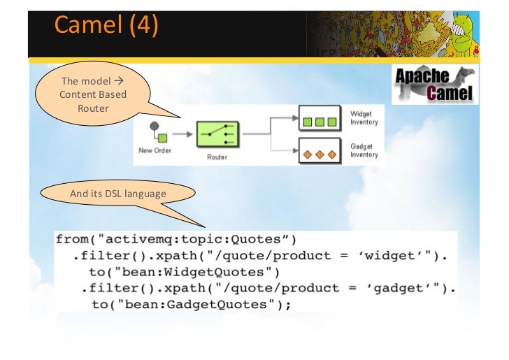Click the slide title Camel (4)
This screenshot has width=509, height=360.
tap(106, 24)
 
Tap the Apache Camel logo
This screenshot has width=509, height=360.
tap(435, 85)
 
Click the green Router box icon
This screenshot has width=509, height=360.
tap(217, 134)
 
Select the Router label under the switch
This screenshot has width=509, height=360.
tap(217, 157)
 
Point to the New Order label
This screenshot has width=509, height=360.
tap(155, 150)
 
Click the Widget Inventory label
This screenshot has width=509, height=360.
tap(364, 118)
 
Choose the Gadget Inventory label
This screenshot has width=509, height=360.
tap(364, 150)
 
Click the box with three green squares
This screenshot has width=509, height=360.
tap(320, 118)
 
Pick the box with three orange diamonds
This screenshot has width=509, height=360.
tap(320, 151)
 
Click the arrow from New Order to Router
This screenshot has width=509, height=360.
tap(182, 134)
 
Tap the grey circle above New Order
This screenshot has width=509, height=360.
tap(155, 126)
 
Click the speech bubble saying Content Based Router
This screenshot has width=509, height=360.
tap(93, 94)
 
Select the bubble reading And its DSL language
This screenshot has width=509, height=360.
tap(118, 194)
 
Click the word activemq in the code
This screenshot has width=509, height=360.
tap(139, 239)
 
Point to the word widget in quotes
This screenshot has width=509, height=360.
tap(389, 256)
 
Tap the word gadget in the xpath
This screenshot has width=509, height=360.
tap(399, 288)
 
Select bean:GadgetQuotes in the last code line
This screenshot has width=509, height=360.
tap(196, 305)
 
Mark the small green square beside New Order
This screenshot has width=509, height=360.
tap(163, 138)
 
